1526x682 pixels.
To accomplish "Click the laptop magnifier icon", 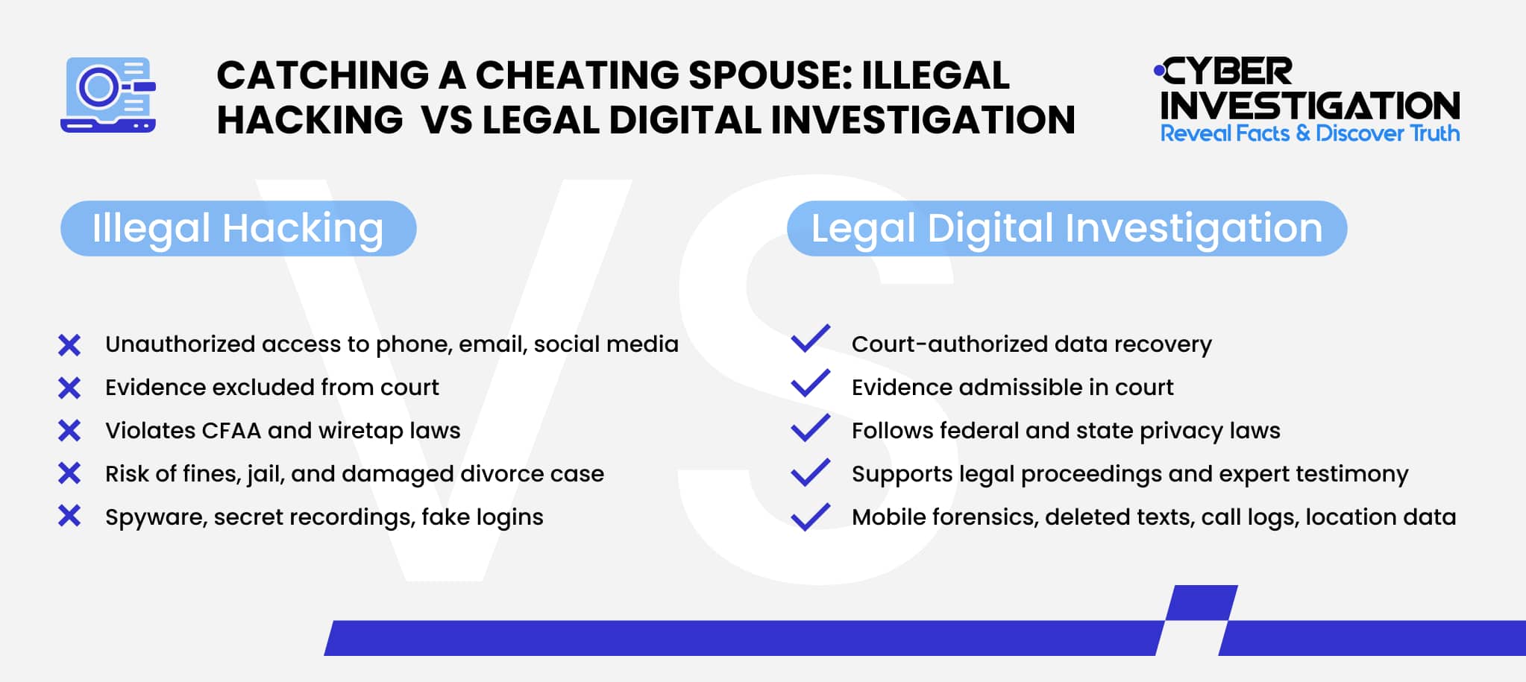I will [108, 95].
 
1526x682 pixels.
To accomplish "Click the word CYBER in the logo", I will [1227, 72].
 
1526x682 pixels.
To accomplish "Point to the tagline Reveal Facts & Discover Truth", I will [1310, 133].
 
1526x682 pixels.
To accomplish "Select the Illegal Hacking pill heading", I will [238, 228].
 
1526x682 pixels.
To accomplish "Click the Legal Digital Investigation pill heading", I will [1067, 228].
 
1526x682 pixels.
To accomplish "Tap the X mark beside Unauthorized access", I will [69, 345].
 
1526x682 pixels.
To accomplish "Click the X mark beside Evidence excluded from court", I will [69, 388].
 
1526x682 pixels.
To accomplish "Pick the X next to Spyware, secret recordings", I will [69, 516].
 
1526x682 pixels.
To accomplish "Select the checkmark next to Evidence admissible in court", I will [811, 383].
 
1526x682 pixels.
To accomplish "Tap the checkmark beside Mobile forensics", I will [811, 516].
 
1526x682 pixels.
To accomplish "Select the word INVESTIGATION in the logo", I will [1310, 106].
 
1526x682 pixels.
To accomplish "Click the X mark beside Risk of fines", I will [69, 473].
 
